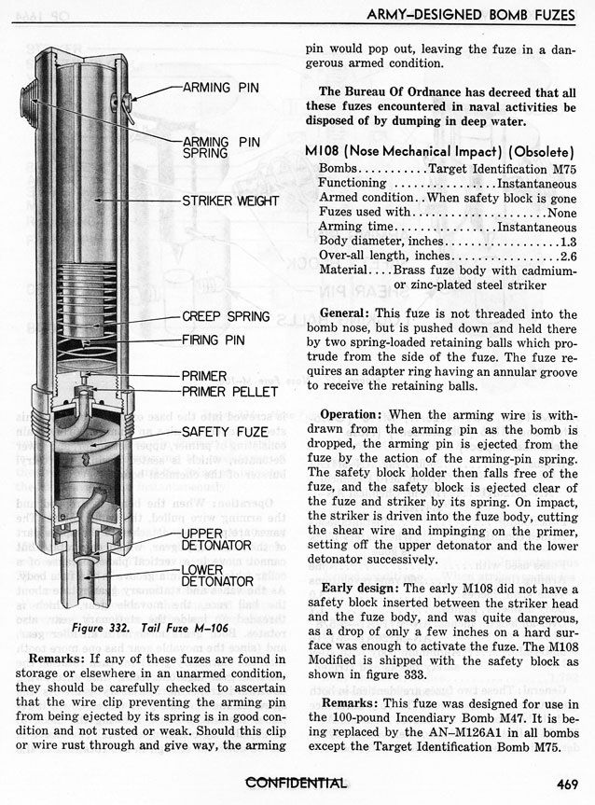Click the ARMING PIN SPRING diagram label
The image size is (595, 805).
(222, 146)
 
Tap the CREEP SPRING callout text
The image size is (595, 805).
(226, 317)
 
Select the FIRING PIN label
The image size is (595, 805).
(214, 340)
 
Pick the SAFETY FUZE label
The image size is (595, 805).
(226, 432)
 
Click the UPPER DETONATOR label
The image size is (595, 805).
(217, 538)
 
